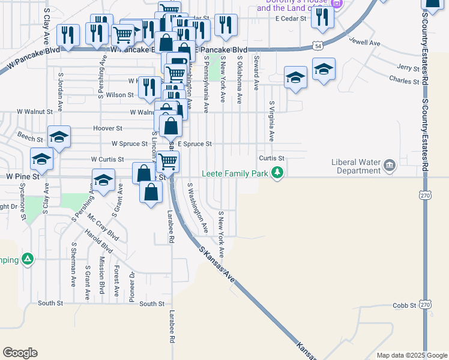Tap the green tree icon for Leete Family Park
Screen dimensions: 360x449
point(277,173)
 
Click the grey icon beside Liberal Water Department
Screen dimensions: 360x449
point(390,165)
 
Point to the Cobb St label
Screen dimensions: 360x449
point(405,305)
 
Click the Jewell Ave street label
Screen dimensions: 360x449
point(366,43)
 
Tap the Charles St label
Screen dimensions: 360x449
point(404,80)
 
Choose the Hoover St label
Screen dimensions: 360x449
point(108,128)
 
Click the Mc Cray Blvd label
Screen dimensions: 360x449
point(103,227)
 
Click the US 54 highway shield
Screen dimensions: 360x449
point(316,46)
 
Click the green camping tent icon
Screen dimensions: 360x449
point(27,259)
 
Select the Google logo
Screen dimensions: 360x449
point(20,353)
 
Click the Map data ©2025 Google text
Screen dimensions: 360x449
point(411,355)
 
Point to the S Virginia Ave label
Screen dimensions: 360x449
point(271,121)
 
